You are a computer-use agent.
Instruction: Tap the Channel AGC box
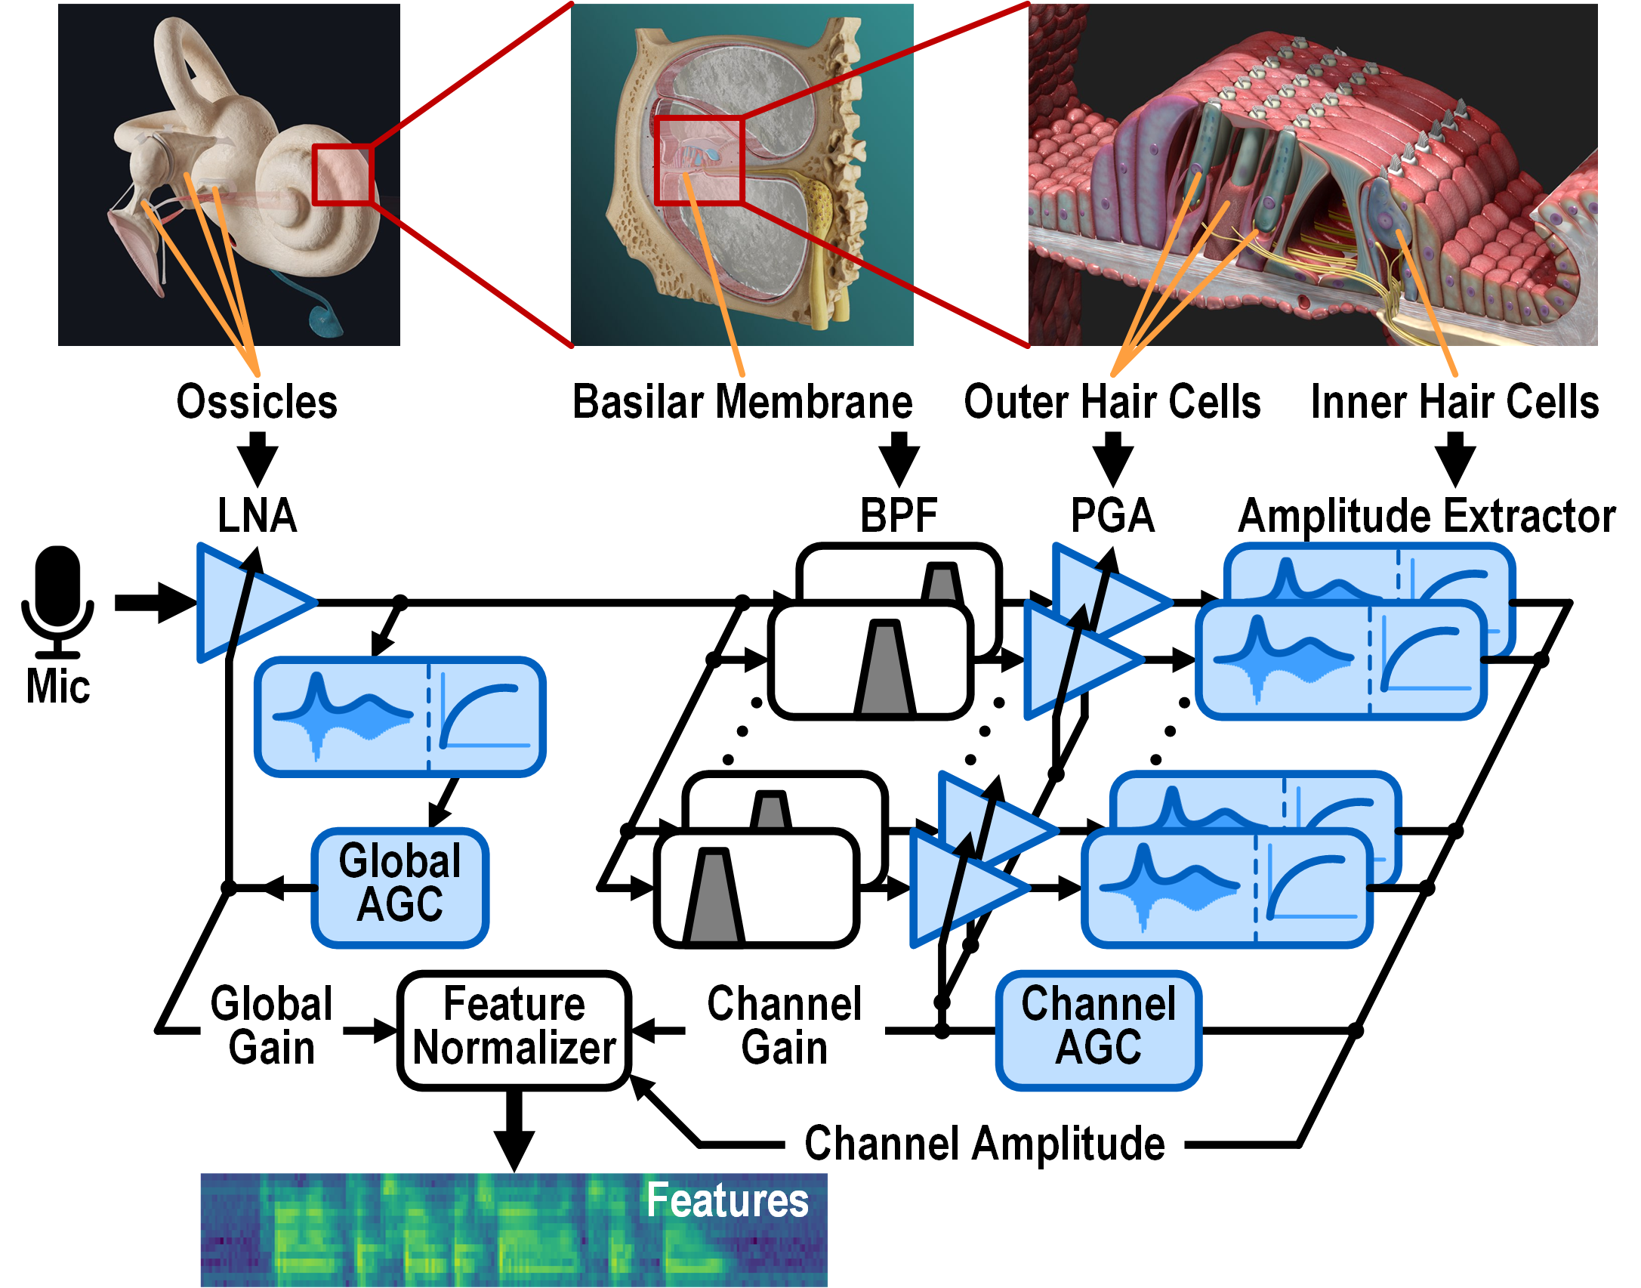1099,1030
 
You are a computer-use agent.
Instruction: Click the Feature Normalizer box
514,1030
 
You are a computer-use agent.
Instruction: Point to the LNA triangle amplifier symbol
249,603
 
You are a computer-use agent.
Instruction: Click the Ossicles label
257,401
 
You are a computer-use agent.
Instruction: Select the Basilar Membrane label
742,401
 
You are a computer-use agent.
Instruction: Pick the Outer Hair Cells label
1112,401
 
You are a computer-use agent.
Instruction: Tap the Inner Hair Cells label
1454,401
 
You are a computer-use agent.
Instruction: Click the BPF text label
899,516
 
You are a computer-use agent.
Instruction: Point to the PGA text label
1112,516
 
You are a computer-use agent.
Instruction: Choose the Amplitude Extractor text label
1427,516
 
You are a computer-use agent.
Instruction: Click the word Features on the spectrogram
727,1200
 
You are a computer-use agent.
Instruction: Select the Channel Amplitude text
985,1144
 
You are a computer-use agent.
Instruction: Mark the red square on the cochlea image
342,175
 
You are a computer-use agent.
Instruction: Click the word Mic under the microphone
58,687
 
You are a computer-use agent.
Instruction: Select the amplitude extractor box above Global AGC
400,717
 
